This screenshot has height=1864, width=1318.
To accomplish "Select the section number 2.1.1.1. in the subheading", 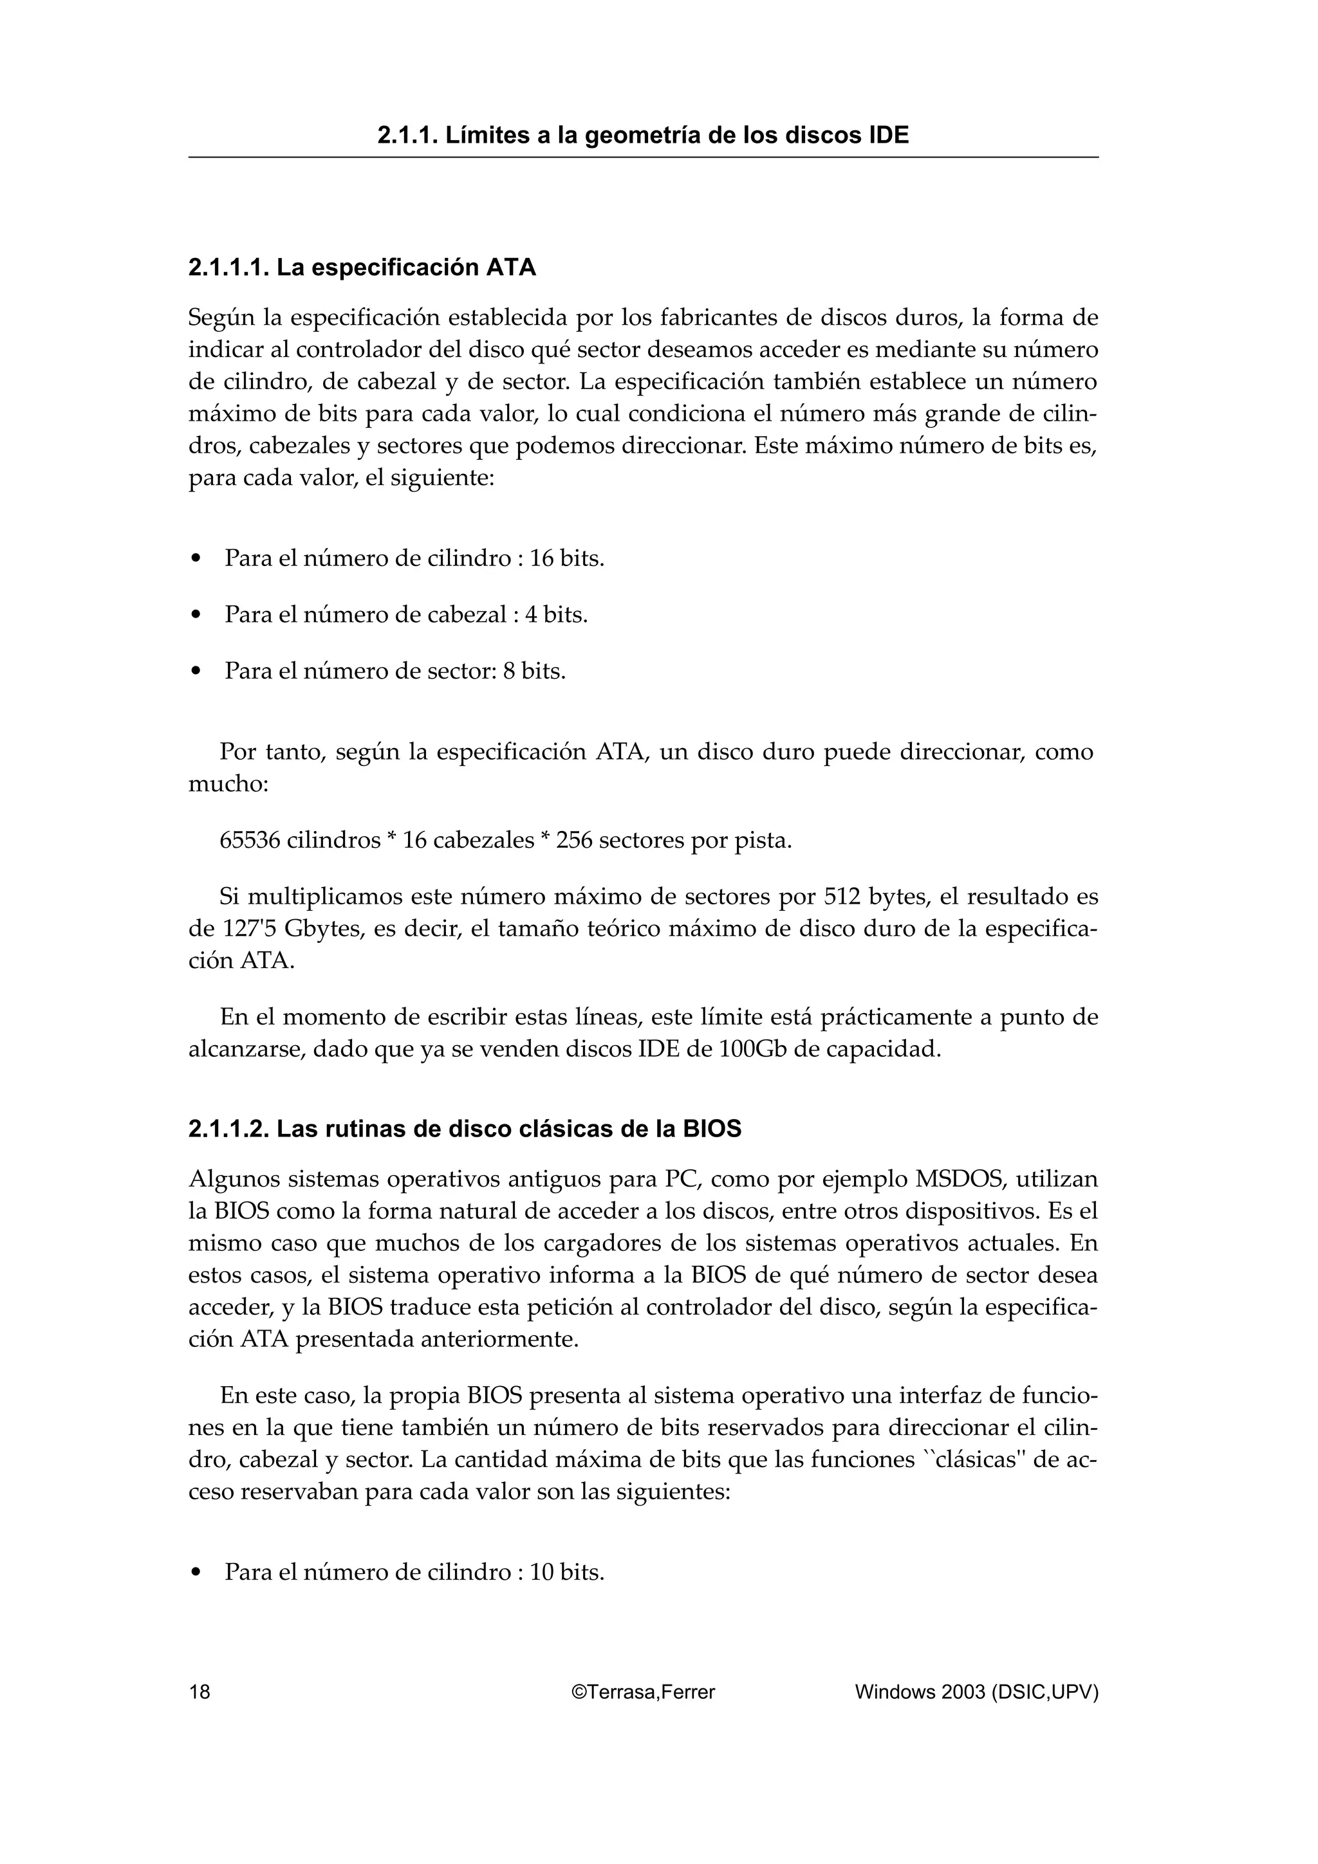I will [228, 268].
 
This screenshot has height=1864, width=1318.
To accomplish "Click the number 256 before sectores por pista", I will [573, 840].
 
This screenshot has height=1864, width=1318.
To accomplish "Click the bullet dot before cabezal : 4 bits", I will [195, 616].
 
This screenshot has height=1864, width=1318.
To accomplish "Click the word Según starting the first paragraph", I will [215, 318].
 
